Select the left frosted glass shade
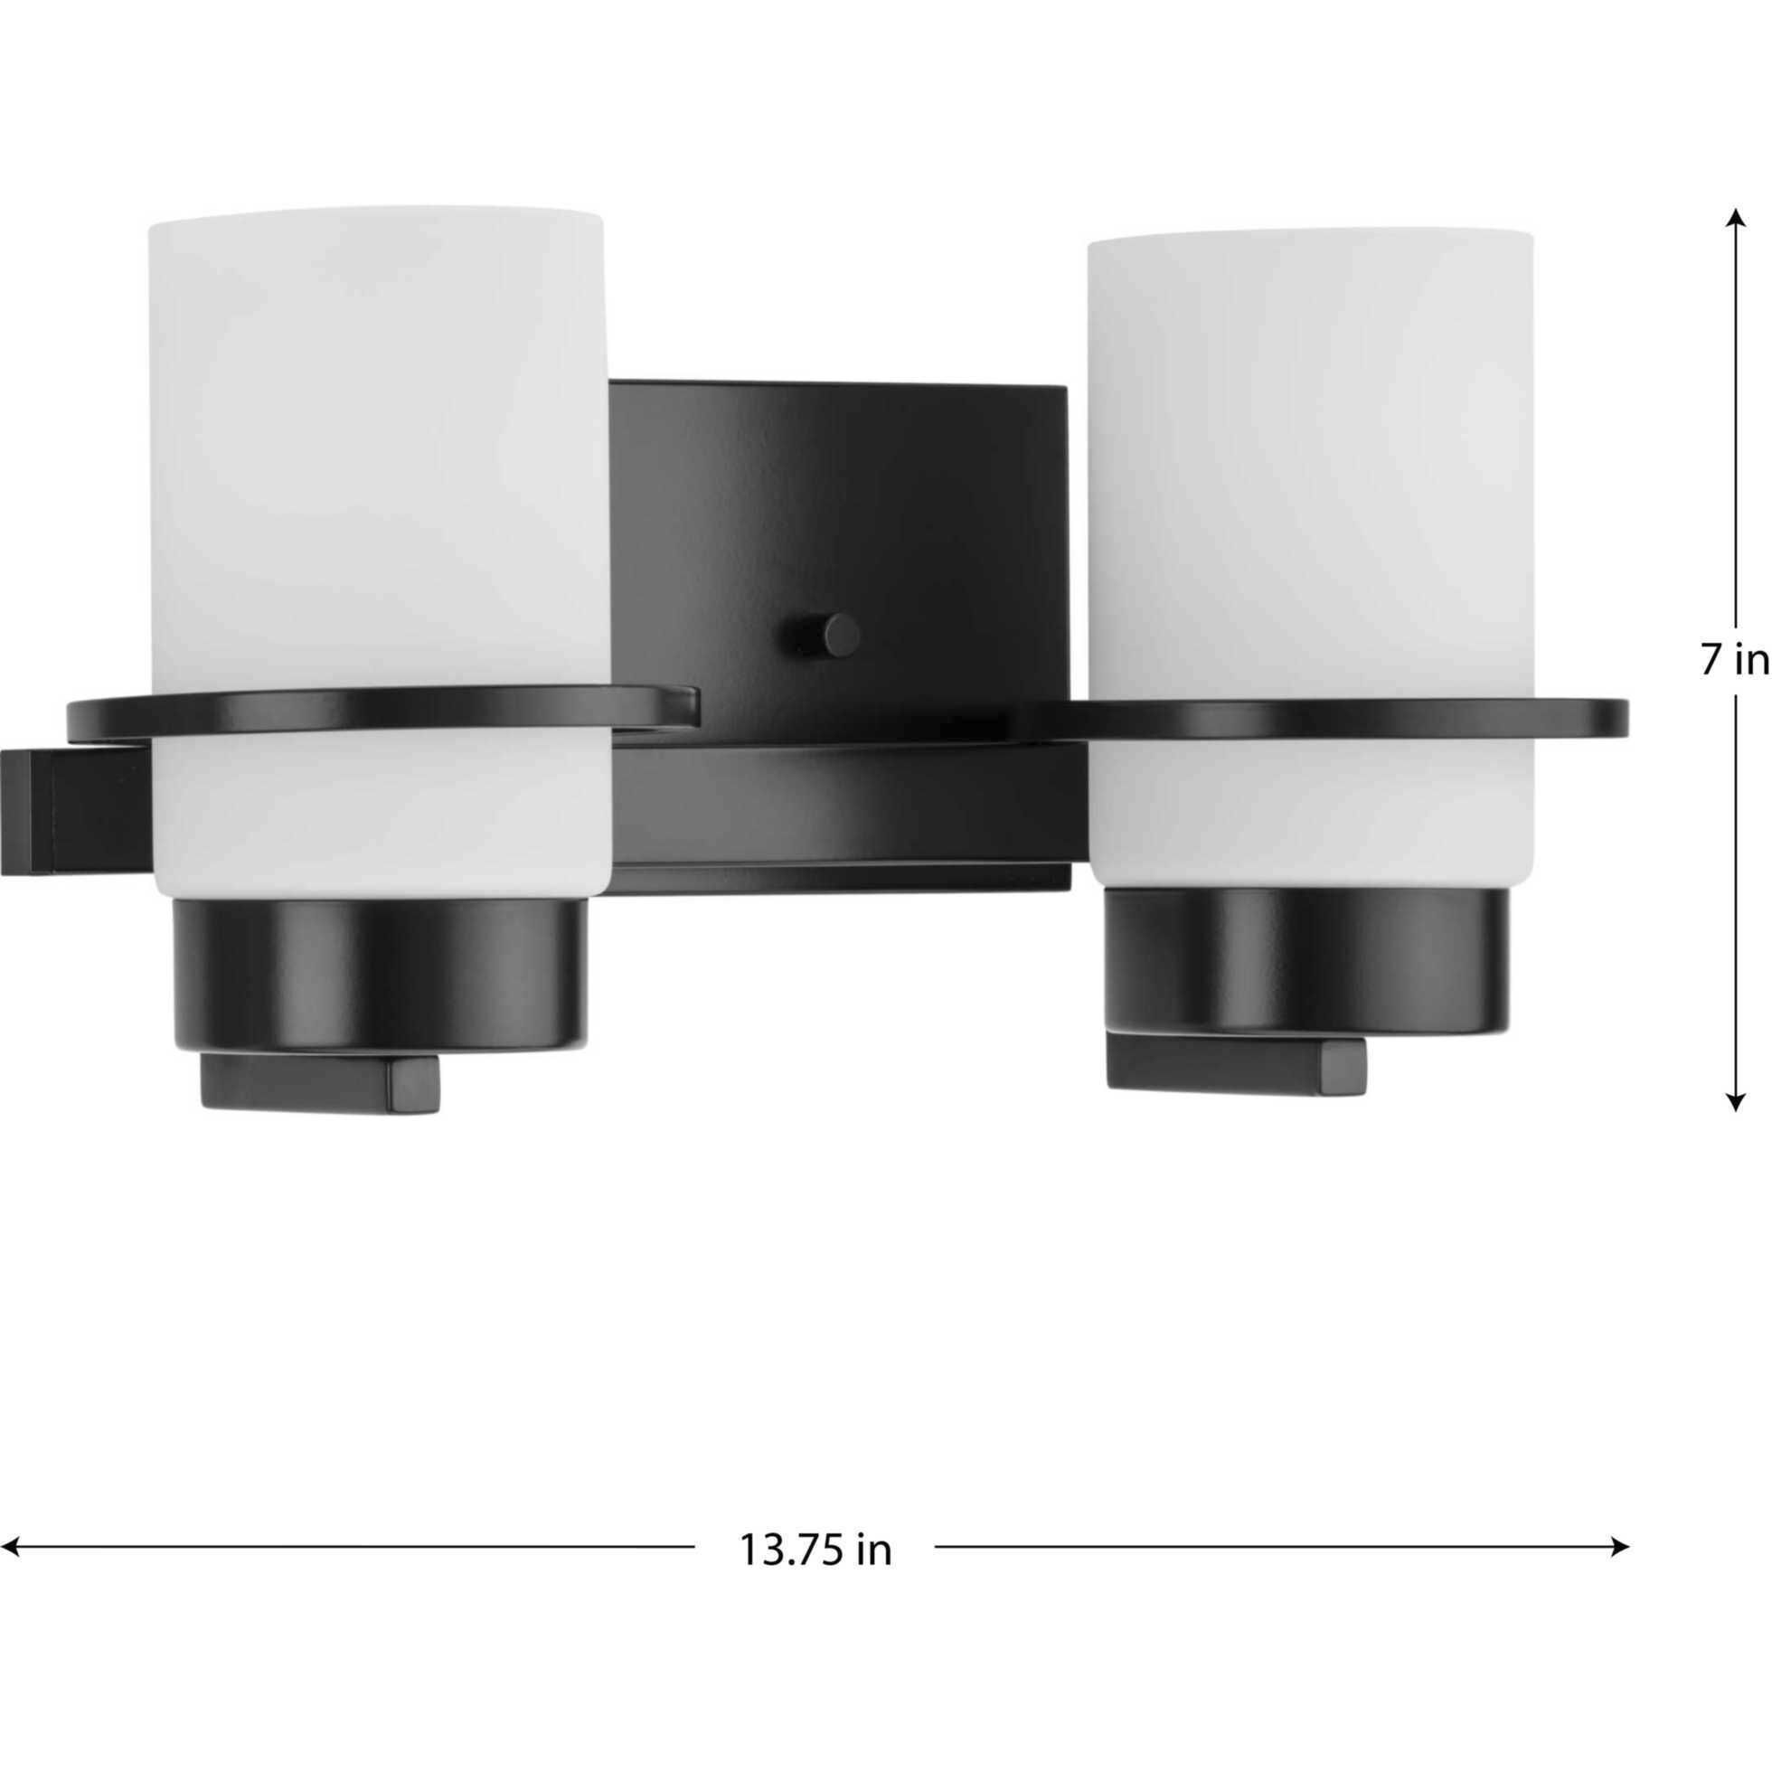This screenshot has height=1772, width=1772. coord(376,440)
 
